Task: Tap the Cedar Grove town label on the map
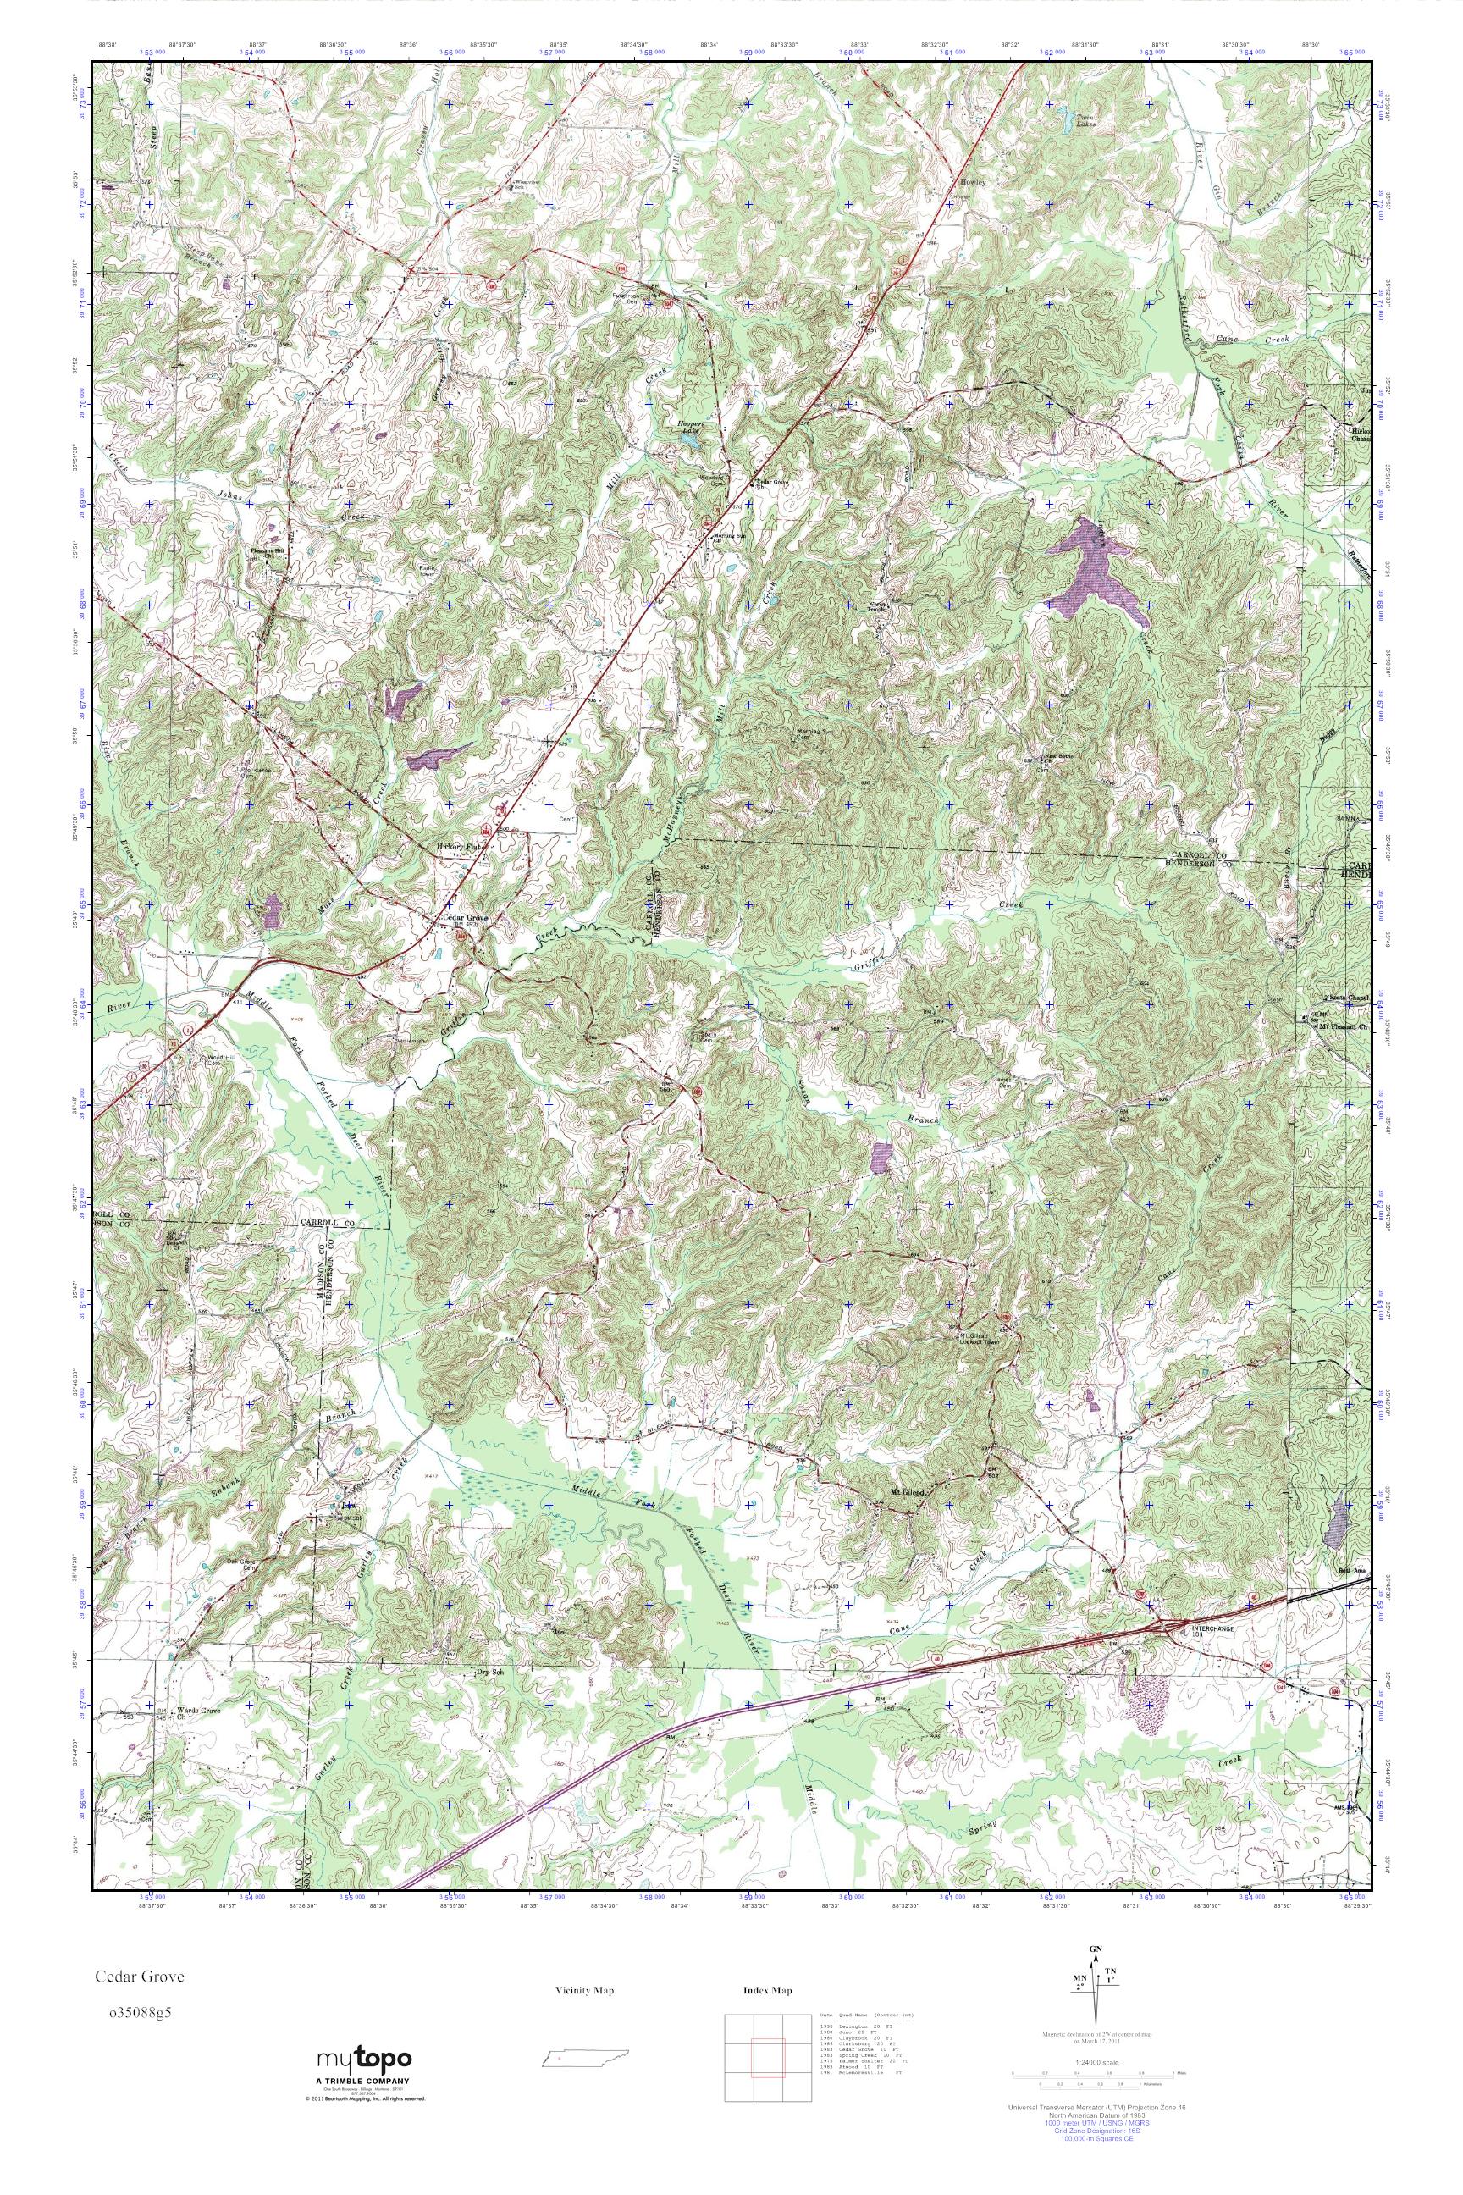pos(465,917)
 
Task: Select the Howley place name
pos(973,183)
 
